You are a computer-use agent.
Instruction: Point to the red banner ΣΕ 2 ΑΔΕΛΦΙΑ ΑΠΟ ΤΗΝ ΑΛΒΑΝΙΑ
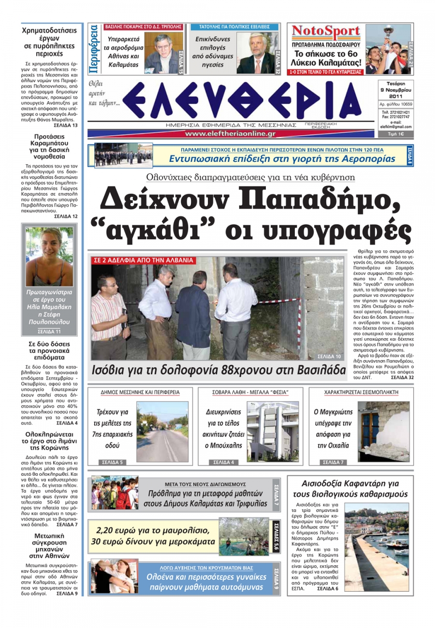pos(144,260)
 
